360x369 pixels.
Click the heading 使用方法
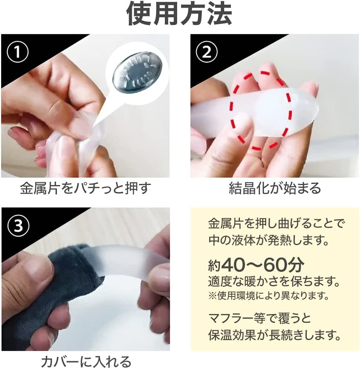click(x=180, y=14)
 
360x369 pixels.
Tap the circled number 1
click(x=18, y=52)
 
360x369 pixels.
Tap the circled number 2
click(x=207, y=52)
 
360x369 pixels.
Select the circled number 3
click(x=18, y=225)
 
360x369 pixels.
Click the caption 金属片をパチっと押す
click(x=85, y=188)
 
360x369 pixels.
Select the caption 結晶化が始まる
click(x=275, y=188)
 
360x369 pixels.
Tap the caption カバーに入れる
click(x=86, y=361)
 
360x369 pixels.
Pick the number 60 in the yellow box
click(x=275, y=265)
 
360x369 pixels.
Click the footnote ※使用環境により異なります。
click(x=268, y=295)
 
